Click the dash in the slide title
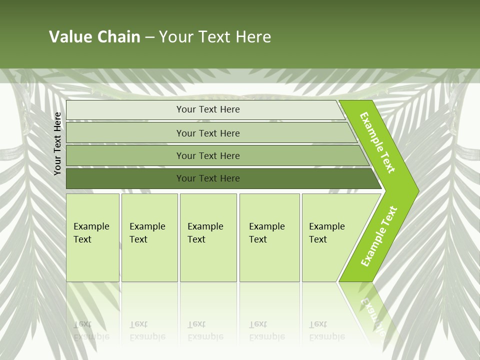[149, 37]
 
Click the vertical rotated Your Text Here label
[57, 143]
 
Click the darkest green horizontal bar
[125, 178]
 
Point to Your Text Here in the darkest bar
[208, 178]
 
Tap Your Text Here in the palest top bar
[208, 109]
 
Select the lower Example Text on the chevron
[378, 236]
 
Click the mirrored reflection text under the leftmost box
[91, 330]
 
